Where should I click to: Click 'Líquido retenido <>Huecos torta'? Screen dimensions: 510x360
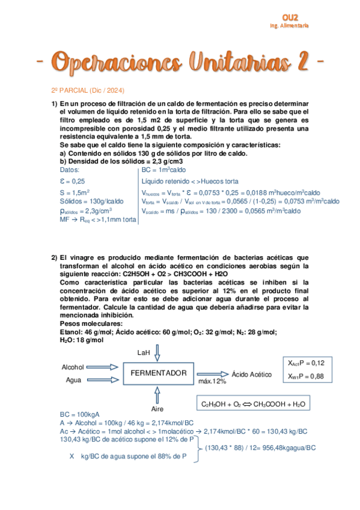tap(190, 181)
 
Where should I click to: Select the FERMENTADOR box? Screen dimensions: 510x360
tap(159, 373)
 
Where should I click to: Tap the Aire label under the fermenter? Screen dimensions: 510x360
tap(157, 407)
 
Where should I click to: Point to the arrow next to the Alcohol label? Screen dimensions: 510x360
tap(103, 367)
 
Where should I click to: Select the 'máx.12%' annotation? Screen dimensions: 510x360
tap(212, 381)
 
